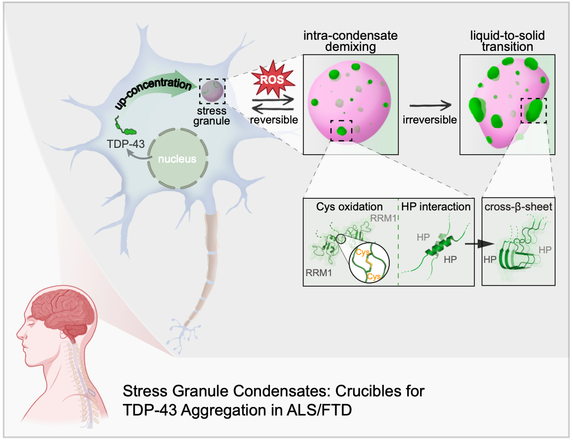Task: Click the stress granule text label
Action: point(212,116)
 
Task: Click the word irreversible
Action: point(429,119)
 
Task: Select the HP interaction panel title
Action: point(436,207)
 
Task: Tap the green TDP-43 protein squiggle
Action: point(126,128)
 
